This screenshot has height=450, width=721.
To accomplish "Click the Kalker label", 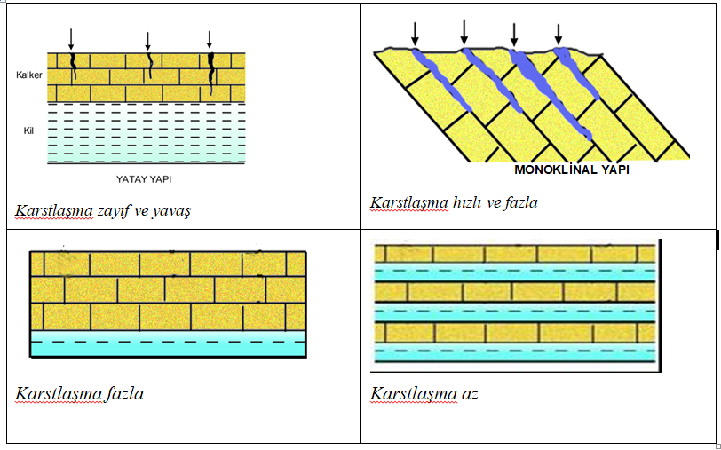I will (x=29, y=75).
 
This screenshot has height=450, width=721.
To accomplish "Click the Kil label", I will (x=28, y=130).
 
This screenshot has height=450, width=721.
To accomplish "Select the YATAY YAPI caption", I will (x=146, y=178).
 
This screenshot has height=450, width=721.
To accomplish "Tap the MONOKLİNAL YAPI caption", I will (x=572, y=169).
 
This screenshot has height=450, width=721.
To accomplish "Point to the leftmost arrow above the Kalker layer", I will (x=71, y=38).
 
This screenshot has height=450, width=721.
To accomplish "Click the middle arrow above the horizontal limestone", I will (x=147, y=40).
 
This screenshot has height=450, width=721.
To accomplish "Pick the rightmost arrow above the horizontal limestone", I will (x=210, y=39).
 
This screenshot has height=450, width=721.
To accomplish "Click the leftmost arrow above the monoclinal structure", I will (x=414, y=32).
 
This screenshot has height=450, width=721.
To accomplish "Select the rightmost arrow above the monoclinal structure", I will (x=559, y=33).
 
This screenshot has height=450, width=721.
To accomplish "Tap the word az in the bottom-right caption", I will (x=469, y=393).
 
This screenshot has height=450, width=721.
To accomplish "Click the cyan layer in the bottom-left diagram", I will (x=168, y=343).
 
